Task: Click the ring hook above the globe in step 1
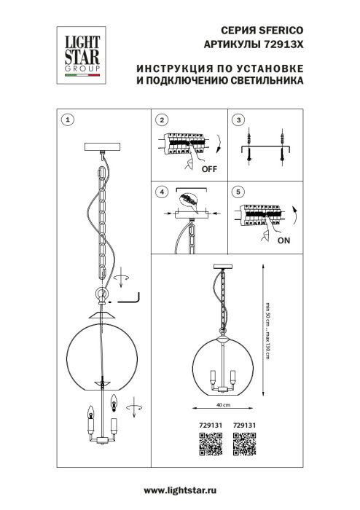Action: tap(100, 296)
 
